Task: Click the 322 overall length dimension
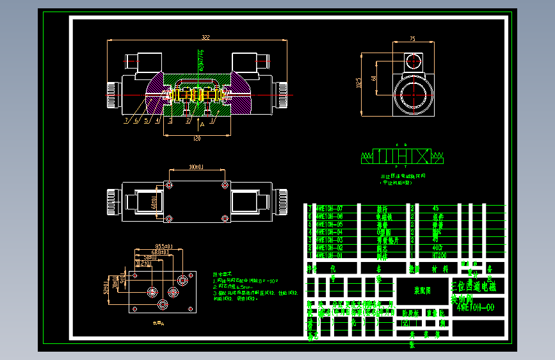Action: point(205,38)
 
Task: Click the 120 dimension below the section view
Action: point(197,138)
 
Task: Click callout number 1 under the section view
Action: point(213,120)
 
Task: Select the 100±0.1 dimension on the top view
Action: point(195,167)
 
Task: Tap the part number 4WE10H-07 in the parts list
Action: point(330,209)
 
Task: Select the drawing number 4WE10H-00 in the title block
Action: point(475,307)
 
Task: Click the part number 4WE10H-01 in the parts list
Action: point(330,256)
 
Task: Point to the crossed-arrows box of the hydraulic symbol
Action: point(422,156)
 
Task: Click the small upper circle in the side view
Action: point(412,61)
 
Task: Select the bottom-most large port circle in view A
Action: point(152,293)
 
